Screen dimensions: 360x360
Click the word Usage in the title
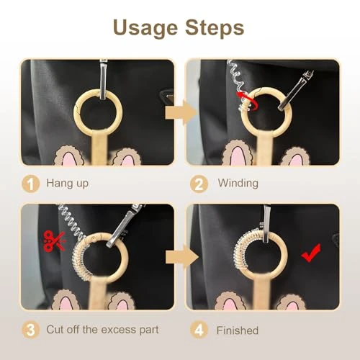pos(145,28)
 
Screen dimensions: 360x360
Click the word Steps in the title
pos(215,27)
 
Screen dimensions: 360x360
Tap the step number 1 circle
pos(30,184)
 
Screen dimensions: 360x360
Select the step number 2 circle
pos(199,184)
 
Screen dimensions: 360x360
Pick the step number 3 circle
pos(30,330)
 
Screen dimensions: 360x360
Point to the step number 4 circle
pos(199,330)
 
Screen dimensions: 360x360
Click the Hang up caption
pos(68,184)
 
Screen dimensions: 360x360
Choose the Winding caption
pos(238,183)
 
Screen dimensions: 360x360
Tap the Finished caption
pos(238,330)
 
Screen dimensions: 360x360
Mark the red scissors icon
pos(54,241)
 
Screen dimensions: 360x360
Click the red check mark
pos(310,253)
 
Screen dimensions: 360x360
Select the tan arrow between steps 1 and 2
pos(180,112)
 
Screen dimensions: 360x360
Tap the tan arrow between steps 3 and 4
pos(181,258)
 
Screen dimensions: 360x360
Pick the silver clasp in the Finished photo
pos(267,223)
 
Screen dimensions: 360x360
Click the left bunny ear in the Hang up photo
pos(69,156)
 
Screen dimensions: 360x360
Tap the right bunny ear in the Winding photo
pos(295,157)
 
